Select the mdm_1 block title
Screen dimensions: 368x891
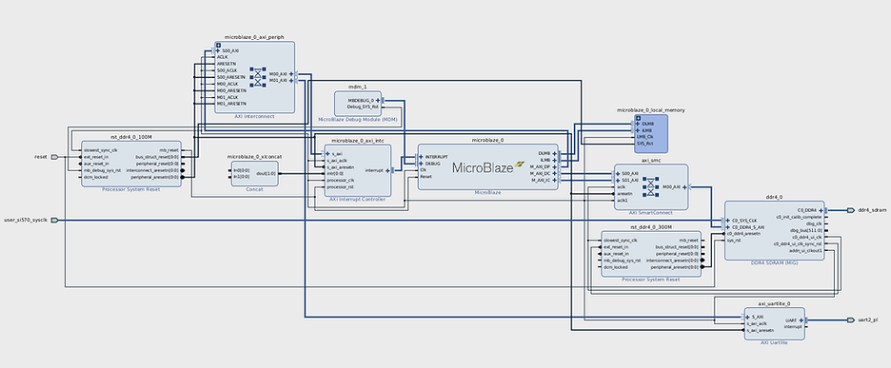pos(358,87)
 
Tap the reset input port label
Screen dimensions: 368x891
pos(40,156)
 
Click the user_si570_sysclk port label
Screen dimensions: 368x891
pos(25,220)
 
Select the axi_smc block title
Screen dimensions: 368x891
pos(650,161)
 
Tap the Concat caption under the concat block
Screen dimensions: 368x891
pos(254,188)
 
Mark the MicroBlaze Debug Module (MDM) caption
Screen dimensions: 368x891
pos(358,119)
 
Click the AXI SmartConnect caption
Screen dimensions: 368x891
pos(650,212)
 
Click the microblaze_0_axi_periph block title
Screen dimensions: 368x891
pos(253,37)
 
